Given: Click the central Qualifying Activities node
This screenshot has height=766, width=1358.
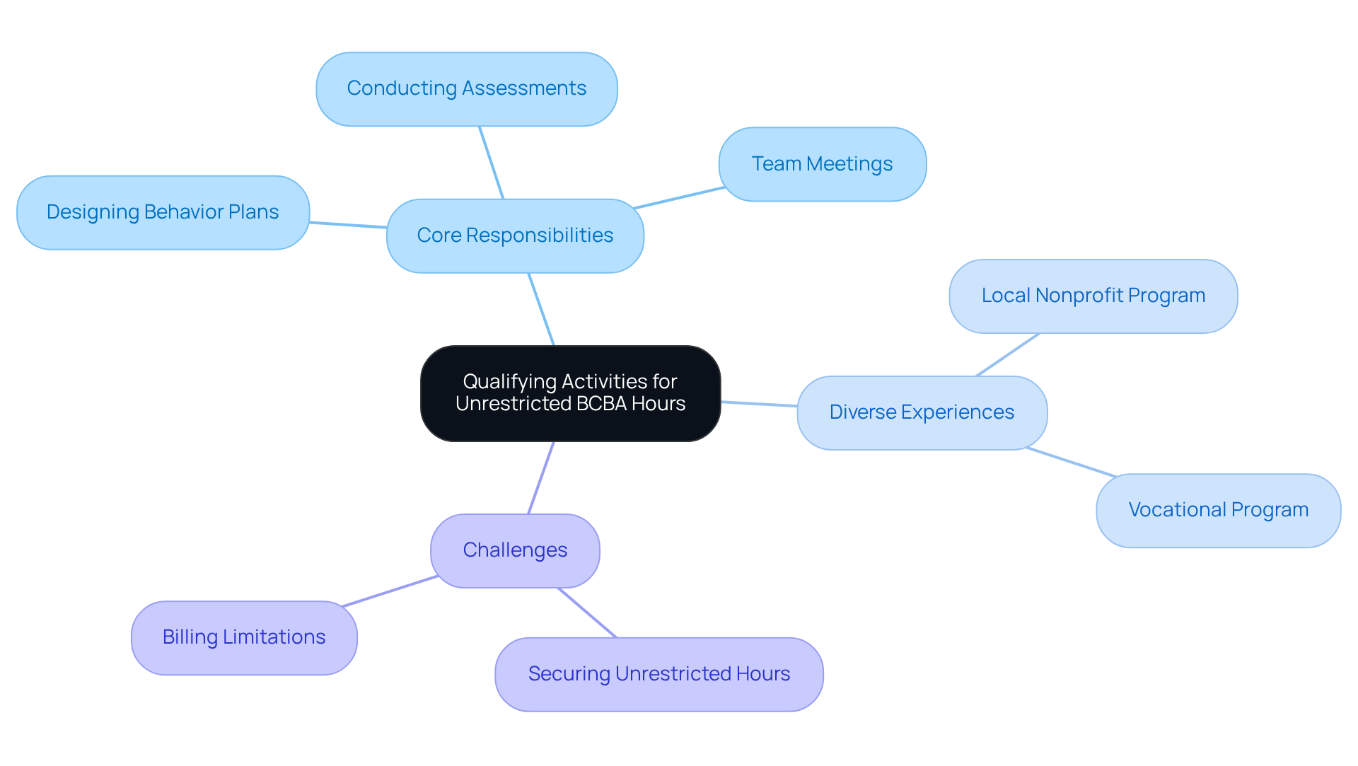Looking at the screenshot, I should tap(570, 393).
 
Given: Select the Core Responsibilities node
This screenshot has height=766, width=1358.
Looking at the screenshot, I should tap(515, 236).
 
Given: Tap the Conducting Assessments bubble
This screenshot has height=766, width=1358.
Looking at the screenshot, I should tap(466, 89).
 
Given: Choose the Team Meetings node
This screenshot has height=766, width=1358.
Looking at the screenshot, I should tap(822, 164).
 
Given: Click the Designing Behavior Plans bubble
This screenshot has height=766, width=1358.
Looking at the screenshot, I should tap(163, 212).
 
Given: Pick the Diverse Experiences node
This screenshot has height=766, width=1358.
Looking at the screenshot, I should tap(922, 412).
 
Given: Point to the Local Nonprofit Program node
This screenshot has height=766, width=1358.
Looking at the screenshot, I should tap(1093, 296).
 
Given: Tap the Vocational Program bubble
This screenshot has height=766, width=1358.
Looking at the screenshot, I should tap(1218, 510).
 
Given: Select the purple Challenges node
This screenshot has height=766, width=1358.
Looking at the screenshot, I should tap(515, 550).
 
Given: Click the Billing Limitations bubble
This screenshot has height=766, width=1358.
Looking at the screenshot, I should tap(244, 637).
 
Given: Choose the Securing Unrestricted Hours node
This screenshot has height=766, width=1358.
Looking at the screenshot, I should tap(658, 674).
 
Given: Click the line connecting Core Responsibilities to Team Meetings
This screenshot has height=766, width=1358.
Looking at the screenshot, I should tap(679, 197).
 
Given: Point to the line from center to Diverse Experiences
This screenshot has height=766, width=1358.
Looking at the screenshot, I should tap(759, 404).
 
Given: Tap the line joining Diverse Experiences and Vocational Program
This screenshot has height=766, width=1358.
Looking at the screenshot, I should tap(1071, 462).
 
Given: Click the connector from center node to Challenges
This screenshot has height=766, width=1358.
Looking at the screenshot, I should tap(541, 477).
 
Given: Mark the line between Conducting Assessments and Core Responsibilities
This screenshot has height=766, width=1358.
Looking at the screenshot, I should tap(492, 163).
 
